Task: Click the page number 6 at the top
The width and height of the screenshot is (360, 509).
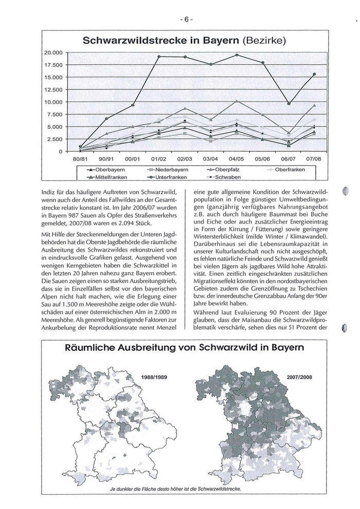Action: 186,20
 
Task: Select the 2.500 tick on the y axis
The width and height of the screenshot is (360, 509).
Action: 53,139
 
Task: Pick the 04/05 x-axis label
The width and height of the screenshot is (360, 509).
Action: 237,160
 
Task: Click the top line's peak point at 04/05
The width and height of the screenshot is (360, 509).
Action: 237,55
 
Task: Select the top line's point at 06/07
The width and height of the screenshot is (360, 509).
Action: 289,103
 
